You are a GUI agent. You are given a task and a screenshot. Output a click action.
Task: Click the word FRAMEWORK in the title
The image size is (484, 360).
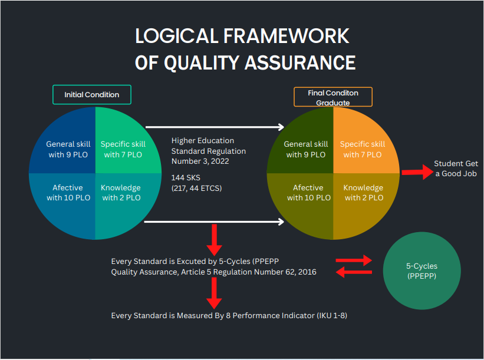[x=286, y=36]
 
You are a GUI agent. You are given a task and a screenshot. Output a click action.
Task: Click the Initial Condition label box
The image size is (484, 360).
[x=92, y=95]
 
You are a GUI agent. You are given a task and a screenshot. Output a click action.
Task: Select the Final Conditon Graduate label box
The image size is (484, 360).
[x=333, y=97]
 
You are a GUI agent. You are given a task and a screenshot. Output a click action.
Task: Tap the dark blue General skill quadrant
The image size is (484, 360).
[x=67, y=145]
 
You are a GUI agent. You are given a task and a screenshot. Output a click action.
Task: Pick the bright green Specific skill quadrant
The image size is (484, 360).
[x=123, y=145]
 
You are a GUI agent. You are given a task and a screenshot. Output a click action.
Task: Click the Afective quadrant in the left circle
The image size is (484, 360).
[x=67, y=200]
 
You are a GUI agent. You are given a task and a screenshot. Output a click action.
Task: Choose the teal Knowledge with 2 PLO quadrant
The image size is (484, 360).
[x=123, y=200]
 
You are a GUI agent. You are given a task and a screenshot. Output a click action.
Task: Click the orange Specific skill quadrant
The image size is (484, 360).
[x=363, y=145]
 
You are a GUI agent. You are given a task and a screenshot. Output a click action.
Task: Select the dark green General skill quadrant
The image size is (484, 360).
[x=304, y=145]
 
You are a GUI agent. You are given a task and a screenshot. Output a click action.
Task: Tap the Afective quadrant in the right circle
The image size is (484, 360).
[x=304, y=200]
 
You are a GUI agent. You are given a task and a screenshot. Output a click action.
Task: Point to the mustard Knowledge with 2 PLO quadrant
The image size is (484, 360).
[x=363, y=200]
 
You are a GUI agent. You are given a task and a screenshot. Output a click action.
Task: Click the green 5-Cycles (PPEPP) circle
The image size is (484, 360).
[x=422, y=271]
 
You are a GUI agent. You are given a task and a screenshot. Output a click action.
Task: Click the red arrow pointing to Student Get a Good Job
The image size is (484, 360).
[x=417, y=172]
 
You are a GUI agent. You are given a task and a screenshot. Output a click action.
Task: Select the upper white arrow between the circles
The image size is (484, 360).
[x=215, y=127]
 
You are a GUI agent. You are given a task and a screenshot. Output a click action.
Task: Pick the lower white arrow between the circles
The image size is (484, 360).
[x=214, y=222]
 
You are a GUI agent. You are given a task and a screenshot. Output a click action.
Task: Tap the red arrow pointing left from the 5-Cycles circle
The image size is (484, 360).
[x=354, y=272]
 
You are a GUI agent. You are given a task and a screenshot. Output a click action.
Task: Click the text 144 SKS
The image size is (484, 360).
[x=186, y=178]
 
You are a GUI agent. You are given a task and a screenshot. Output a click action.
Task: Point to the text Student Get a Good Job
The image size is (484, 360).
[x=456, y=169]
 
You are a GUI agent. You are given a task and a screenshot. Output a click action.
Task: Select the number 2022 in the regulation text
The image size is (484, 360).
[x=220, y=161]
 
